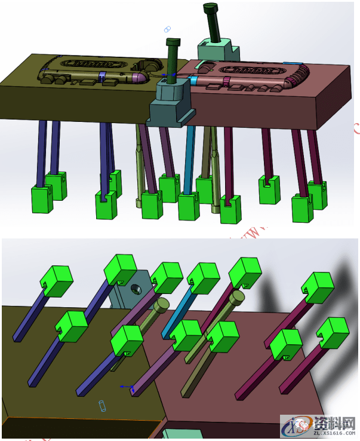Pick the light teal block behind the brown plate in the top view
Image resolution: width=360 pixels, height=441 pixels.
point(218,49)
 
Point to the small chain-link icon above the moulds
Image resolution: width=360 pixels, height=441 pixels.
point(167,29)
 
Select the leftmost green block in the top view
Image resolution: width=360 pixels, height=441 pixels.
point(42,198)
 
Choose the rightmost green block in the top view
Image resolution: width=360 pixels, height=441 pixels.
point(318,194)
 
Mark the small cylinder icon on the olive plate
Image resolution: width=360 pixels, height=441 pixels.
point(101,406)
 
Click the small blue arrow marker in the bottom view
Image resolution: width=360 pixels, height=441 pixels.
point(125,387)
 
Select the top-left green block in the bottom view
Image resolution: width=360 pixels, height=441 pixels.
point(57,281)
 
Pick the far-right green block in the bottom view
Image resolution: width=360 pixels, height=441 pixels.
point(333,332)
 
